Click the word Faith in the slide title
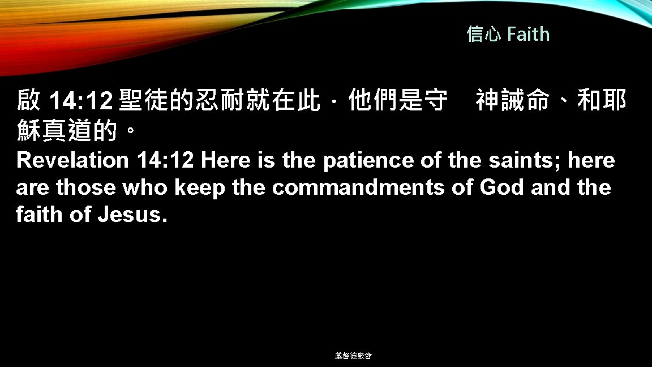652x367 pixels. point(528,35)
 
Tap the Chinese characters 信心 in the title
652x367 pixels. point(483,35)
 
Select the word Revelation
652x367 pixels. point(73,160)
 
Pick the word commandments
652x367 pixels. point(358,187)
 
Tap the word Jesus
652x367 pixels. point(132,215)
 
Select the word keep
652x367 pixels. point(200,187)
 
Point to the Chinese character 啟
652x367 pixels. point(28,102)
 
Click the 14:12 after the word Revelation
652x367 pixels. point(165,160)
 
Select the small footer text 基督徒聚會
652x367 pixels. point(353,356)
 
